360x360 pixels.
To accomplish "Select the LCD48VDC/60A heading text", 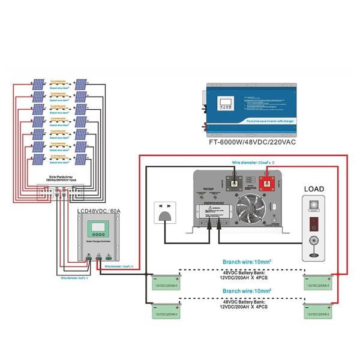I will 99,211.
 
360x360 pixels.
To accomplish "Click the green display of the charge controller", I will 98,229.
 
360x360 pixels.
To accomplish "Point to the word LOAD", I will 314,189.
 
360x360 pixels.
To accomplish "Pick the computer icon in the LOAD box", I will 314,207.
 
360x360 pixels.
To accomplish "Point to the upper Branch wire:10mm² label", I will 247,262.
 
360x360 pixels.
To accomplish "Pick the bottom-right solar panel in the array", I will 82,160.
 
